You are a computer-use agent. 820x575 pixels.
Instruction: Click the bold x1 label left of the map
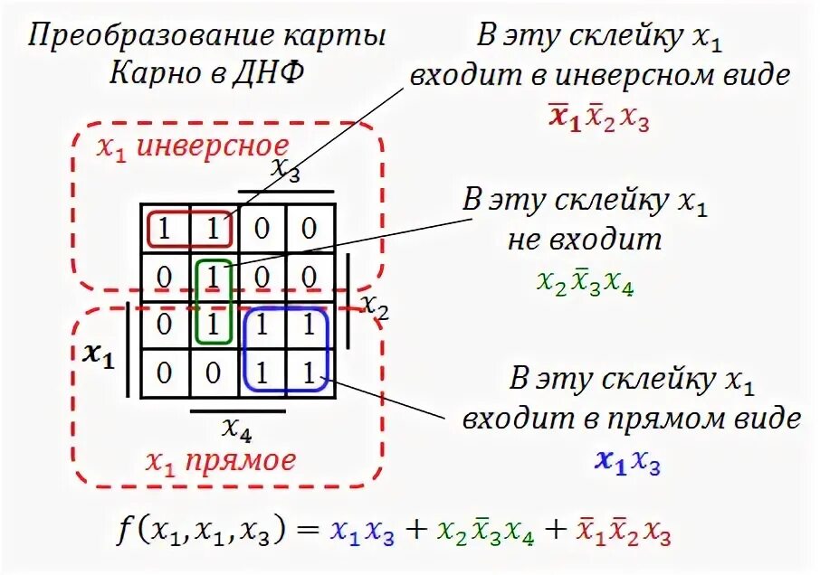coord(98,355)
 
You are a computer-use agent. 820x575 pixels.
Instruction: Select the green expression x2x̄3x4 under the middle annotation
coord(585,283)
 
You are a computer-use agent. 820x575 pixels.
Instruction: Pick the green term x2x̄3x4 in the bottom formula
coord(484,533)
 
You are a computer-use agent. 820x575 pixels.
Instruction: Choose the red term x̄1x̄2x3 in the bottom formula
coord(624,533)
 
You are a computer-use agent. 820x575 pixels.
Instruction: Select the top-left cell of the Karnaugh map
coord(165,229)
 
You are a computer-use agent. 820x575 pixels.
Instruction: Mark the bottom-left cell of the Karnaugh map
coord(165,372)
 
